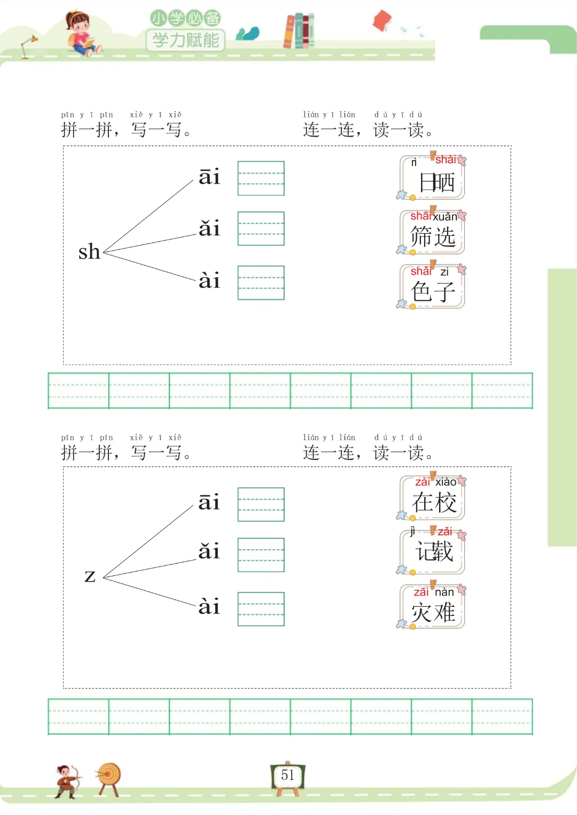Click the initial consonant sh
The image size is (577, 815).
(x=89, y=251)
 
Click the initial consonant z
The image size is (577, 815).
(x=90, y=576)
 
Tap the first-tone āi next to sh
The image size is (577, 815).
(x=209, y=177)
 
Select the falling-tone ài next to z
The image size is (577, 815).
(x=209, y=606)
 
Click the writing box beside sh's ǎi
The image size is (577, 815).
(x=261, y=228)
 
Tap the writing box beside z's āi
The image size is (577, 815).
(x=261, y=504)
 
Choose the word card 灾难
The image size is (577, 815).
(x=433, y=607)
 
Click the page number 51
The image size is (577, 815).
(x=287, y=776)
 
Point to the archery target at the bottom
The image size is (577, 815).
(x=110, y=777)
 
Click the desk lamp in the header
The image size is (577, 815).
(x=28, y=46)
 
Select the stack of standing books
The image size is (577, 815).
(x=299, y=30)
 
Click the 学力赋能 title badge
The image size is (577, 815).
(x=185, y=39)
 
